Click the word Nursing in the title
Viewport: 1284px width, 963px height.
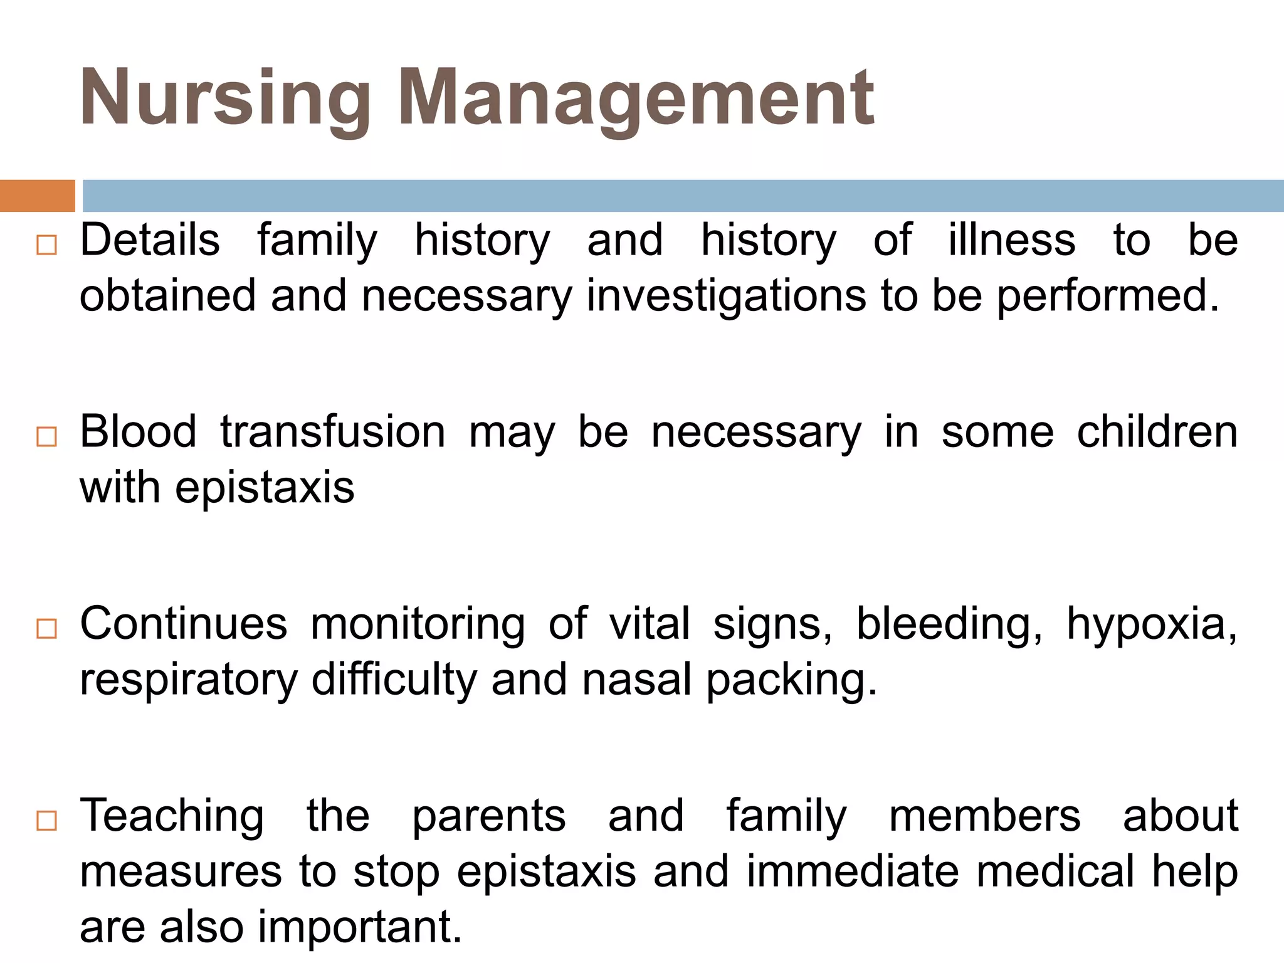click(x=226, y=99)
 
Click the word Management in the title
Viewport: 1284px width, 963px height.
click(x=636, y=99)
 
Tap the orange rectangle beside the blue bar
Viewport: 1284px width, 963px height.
click(x=37, y=196)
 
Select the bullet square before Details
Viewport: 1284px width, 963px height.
click(x=46, y=245)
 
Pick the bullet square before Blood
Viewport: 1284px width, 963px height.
click(x=46, y=436)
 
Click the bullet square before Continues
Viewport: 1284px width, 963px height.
click(x=46, y=628)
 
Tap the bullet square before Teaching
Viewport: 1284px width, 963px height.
click(x=46, y=820)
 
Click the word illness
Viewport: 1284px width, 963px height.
click(x=1011, y=240)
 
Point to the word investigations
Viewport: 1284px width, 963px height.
click(x=726, y=296)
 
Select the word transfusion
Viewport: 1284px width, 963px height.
click(x=332, y=432)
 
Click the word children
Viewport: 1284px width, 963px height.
click(x=1157, y=432)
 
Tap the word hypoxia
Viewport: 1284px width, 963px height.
click(x=1152, y=625)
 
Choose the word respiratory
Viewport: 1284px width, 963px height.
click(x=188, y=681)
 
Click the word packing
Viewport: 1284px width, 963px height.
click(x=792, y=681)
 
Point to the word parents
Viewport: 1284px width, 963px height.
click(x=489, y=816)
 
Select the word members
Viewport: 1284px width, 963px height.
click(x=984, y=816)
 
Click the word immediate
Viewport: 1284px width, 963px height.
click(x=853, y=871)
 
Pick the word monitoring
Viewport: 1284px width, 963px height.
click(x=418, y=625)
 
